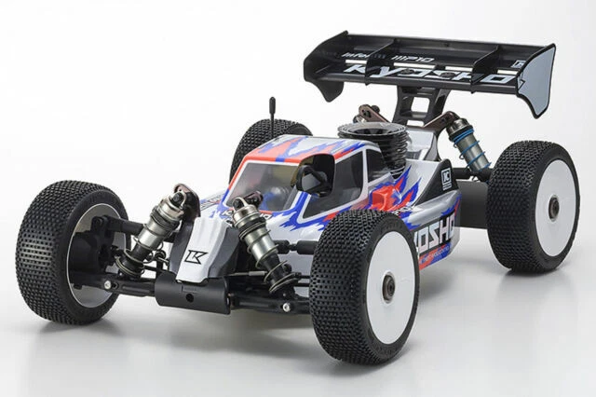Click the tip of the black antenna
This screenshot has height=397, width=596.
click(273, 98)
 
